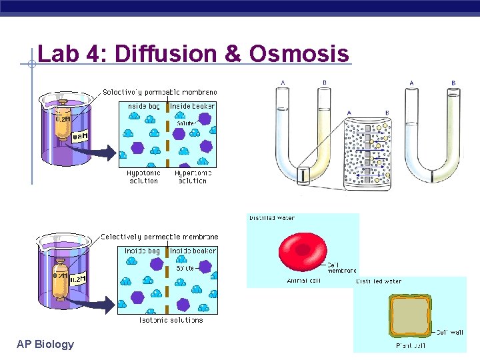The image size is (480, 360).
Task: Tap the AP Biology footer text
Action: point(45,344)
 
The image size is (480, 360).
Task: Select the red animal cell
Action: point(303,250)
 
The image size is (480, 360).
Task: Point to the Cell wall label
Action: point(449,331)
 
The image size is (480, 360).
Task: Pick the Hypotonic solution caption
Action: point(143,177)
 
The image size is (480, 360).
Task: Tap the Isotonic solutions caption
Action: point(171,320)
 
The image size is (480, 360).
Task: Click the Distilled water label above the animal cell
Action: point(272,218)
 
